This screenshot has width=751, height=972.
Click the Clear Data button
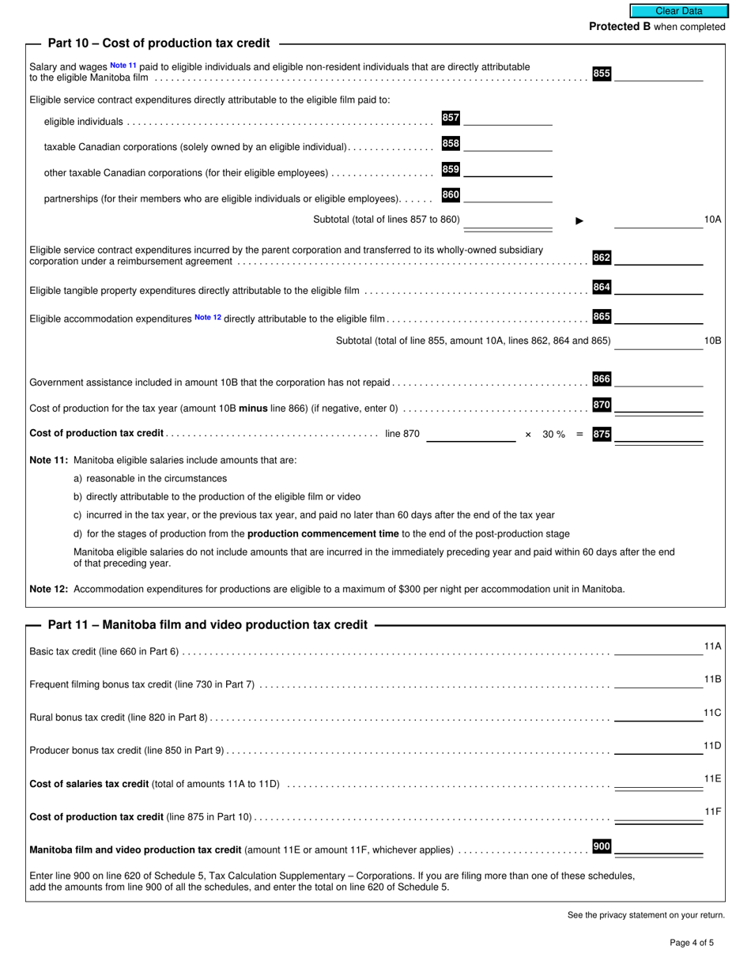[x=678, y=11]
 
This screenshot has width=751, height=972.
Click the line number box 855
[x=602, y=73]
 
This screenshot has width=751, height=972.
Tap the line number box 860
[x=451, y=195]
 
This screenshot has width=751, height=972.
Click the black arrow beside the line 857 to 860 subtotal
[x=579, y=220]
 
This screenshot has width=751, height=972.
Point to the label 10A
[x=712, y=220]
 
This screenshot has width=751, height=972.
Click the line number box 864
[x=602, y=288]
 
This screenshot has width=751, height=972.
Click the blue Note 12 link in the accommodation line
[x=208, y=318]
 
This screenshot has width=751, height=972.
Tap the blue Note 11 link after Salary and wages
[x=123, y=66]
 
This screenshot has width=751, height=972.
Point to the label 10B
[x=712, y=341]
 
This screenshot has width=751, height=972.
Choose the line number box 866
[x=602, y=379]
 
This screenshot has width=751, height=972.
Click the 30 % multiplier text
[x=553, y=435]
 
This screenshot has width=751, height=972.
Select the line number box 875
[x=602, y=434]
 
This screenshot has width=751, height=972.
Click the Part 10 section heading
[x=158, y=43]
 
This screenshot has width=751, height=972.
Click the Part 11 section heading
[x=207, y=625]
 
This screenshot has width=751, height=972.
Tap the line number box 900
[x=602, y=847]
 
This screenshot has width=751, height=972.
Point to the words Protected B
[x=620, y=27]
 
